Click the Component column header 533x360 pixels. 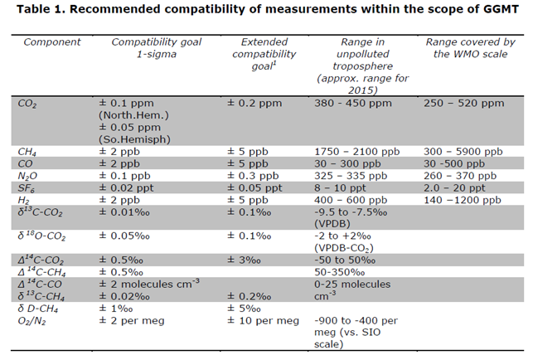(x=51, y=41)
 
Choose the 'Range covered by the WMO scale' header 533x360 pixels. (x=469, y=47)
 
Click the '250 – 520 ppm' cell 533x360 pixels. (x=463, y=105)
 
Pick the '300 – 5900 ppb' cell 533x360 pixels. (x=463, y=152)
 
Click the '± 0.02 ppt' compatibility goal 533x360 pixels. (x=128, y=188)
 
